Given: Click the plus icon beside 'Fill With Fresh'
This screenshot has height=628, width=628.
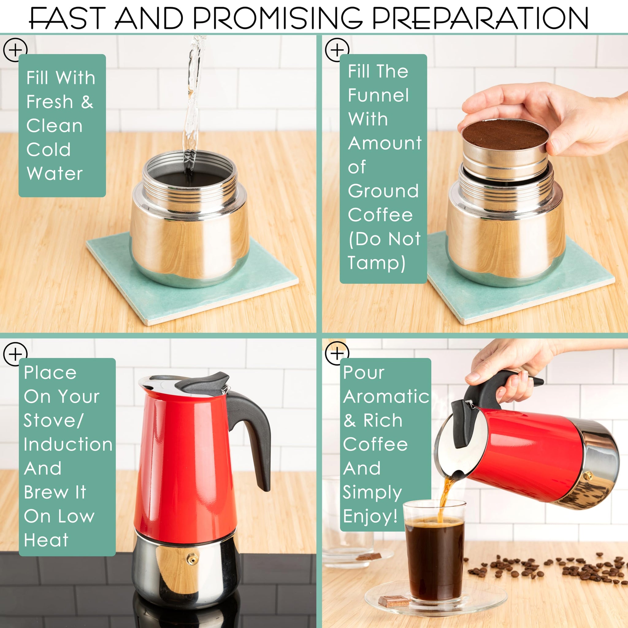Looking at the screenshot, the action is point(15,50).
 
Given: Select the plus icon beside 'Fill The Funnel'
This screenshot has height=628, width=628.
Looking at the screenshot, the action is point(337,50).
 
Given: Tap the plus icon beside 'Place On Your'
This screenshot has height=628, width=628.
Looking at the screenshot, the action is point(15,354).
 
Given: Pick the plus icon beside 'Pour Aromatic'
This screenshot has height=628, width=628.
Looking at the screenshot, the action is point(337,353).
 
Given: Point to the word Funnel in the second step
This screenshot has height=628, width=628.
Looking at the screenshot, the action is point(378,95).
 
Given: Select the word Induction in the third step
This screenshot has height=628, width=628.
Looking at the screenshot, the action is point(68,444).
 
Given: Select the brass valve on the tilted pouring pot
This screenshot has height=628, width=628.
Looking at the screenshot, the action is point(588,477).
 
